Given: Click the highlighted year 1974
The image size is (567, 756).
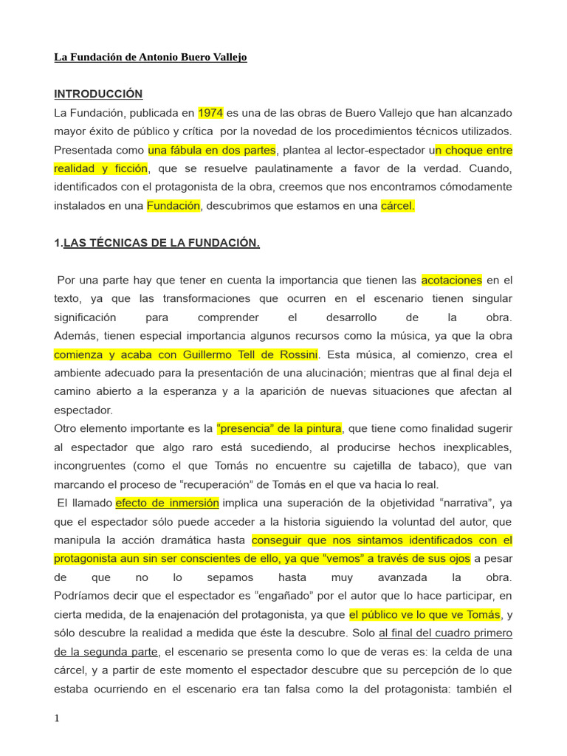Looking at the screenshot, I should tap(210, 113).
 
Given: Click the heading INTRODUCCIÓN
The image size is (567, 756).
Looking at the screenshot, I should tap(98, 94).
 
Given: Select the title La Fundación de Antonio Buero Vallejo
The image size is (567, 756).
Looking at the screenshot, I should tap(151, 57).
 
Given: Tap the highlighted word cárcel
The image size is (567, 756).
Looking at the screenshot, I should tap(397, 206).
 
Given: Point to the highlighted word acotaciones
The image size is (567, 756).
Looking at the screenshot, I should tap(451, 280).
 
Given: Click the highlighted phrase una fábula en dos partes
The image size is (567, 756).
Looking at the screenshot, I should tap(212, 150).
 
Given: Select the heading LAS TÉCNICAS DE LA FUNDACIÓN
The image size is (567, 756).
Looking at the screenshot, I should tap(162, 243).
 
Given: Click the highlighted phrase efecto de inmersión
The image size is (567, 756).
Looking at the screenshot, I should tap(168, 503).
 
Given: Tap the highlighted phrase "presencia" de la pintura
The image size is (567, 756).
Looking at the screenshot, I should tap(279, 428).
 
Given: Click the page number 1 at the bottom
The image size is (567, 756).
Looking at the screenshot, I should tap(57, 720).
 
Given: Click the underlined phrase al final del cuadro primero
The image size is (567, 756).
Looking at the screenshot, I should tap(446, 633).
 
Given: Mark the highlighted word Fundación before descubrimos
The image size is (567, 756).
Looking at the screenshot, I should tap(173, 206).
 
